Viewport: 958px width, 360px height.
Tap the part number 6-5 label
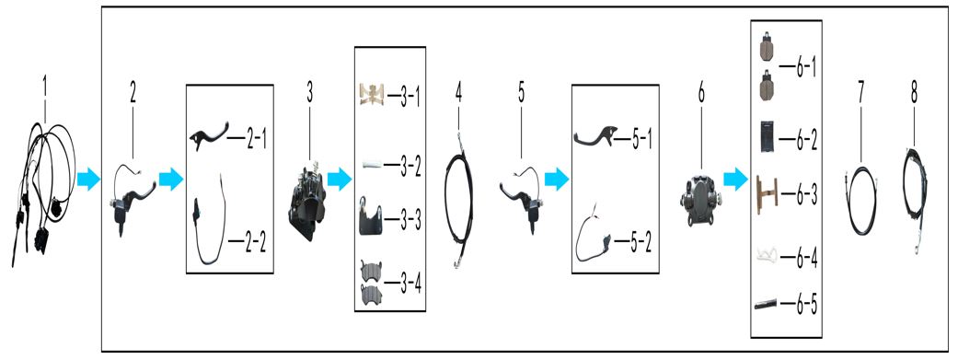pos(806,302)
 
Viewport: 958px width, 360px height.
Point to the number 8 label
pos(914,93)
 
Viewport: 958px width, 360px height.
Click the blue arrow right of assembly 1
pos(88,180)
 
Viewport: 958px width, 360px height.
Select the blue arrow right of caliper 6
pos(735,180)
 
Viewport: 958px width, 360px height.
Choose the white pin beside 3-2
pos(372,164)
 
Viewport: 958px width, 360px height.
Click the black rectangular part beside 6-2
pos(768,136)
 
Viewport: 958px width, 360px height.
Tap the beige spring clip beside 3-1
pos(371,94)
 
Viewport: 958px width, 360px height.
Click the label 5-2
pos(641,244)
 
